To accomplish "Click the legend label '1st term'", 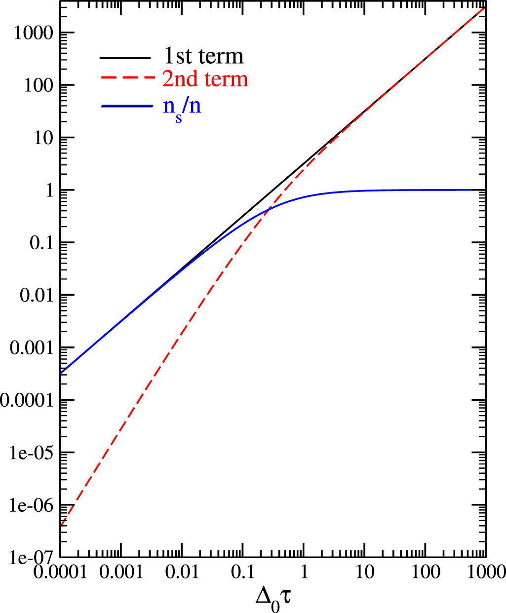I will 203,56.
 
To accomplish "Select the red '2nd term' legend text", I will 205,79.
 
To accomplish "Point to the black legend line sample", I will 125,58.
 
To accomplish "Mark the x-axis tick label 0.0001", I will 60,573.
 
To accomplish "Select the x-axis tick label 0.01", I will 182,573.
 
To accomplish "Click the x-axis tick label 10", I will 364,573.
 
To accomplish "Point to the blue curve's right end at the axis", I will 486,190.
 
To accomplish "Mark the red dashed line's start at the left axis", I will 61,526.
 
